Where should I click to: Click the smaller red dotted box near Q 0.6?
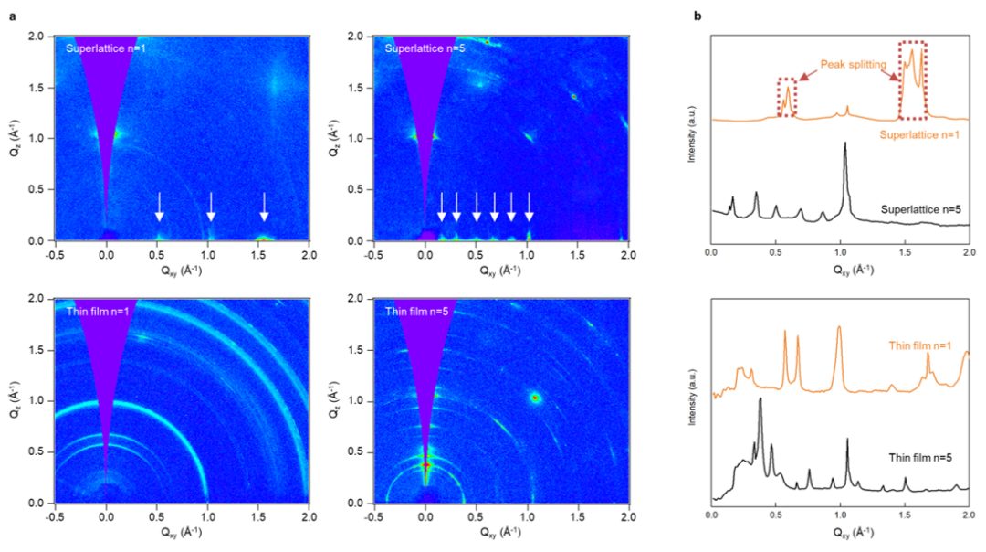point(786,98)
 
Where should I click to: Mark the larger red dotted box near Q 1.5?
point(912,80)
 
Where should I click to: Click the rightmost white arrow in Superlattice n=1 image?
point(264,207)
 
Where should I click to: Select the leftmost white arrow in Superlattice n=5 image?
point(442,207)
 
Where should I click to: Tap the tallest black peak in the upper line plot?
point(845,143)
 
